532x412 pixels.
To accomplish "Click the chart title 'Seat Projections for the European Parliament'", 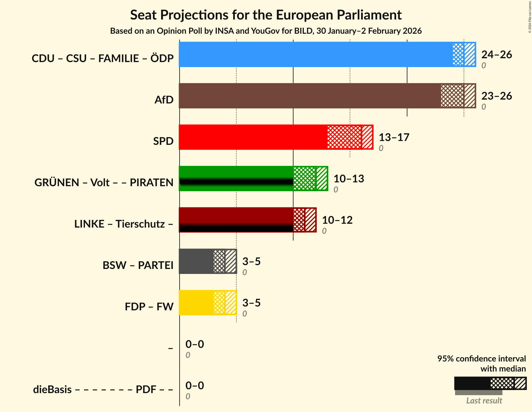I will [266, 15].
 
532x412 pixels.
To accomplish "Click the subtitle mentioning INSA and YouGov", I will [266, 31].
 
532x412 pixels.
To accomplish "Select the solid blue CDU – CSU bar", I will [315, 54].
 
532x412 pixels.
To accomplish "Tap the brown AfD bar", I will [309, 96].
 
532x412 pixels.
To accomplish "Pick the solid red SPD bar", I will [253, 137].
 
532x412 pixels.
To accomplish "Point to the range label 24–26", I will [496, 55].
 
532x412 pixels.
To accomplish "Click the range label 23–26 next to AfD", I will [496, 96].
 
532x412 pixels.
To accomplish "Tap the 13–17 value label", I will [394, 137].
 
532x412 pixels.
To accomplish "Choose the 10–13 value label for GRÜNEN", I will [349, 179].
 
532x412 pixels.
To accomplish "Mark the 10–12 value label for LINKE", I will [337, 220].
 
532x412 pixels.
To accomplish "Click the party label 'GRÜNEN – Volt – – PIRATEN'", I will [104, 183].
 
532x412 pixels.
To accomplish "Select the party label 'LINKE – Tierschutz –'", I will [124, 224].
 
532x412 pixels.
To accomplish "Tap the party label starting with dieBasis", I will [103, 390].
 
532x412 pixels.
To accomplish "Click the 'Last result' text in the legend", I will [484, 401].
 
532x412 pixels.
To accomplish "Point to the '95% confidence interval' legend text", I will [481, 359].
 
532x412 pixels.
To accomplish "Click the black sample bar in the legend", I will [472, 383].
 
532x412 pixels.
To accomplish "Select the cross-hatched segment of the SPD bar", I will [344, 137].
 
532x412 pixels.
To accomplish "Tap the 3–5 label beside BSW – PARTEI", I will [251, 262].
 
